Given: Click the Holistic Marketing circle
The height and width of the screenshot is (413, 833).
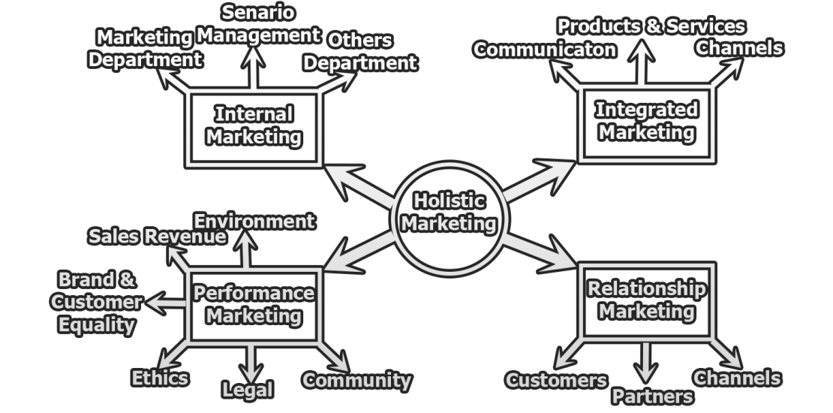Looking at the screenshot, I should click(449, 213).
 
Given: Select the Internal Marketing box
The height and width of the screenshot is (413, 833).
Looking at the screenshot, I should click(254, 126).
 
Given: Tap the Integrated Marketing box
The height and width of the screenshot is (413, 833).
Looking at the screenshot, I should click(646, 122).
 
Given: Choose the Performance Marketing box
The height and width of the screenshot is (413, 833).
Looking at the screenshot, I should click(254, 304).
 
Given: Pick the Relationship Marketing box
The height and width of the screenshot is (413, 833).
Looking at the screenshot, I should click(646, 300).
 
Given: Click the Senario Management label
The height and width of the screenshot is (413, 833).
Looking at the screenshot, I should click(257, 24).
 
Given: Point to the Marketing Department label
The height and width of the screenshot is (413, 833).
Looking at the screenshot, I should click(145, 49).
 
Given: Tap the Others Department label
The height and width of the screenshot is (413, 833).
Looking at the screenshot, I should click(359, 51).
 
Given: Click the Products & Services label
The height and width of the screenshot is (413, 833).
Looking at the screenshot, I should click(651, 26).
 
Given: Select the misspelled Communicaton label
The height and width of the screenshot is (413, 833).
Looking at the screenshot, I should click(545, 50).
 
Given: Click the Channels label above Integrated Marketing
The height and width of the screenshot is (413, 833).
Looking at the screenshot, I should click(739, 48).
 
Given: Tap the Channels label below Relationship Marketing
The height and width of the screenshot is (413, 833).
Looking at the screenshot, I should click(737, 377).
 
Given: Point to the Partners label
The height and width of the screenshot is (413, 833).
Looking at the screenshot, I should click(652, 396).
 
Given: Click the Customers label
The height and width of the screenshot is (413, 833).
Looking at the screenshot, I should click(556, 380).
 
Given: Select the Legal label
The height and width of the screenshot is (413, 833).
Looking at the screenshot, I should click(248, 390).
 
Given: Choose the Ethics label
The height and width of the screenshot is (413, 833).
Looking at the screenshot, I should click(160, 377).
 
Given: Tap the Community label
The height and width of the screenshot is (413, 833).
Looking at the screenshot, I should click(356, 380).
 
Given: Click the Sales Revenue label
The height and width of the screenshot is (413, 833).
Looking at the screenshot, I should click(157, 237).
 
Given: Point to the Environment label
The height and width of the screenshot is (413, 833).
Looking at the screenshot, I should click(254, 221).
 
